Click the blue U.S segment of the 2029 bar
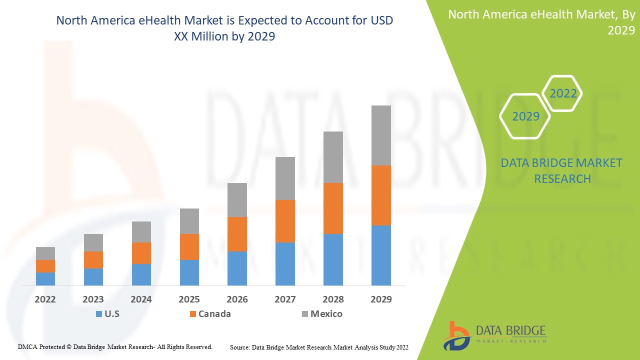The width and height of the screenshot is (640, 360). (x=380, y=255)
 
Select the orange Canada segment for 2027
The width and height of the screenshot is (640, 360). (x=284, y=221)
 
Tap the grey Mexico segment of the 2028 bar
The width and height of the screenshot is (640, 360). (x=333, y=157)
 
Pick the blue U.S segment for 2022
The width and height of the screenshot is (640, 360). (x=45, y=278)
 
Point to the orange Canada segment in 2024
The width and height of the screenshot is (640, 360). (x=141, y=253)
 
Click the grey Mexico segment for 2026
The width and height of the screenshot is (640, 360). (x=237, y=199)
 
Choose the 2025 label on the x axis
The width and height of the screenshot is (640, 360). (x=189, y=299)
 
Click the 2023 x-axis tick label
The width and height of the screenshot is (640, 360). (x=93, y=299)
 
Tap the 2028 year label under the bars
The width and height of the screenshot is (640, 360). (x=333, y=299)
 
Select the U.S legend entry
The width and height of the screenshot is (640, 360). (x=107, y=314)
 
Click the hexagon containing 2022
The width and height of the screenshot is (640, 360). (x=563, y=93)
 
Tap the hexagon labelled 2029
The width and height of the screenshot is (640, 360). (x=525, y=116)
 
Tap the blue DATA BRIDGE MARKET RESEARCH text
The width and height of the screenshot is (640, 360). (x=561, y=170)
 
